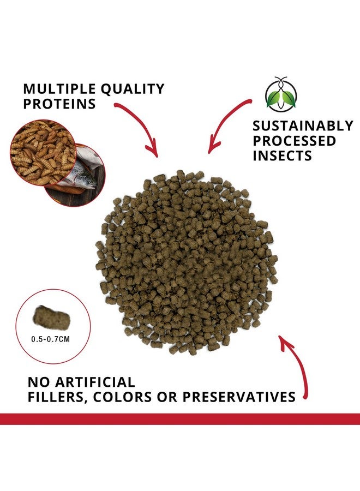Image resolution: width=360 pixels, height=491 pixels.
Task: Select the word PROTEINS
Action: click(x=53, y=104)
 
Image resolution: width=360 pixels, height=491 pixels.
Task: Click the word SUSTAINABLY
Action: click(x=303, y=126)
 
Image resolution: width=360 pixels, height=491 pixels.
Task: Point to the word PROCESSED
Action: click(x=294, y=141)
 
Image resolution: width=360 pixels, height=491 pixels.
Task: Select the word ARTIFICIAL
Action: click(x=95, y=381)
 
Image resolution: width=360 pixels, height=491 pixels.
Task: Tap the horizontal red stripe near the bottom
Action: click(x=180, y=419)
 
